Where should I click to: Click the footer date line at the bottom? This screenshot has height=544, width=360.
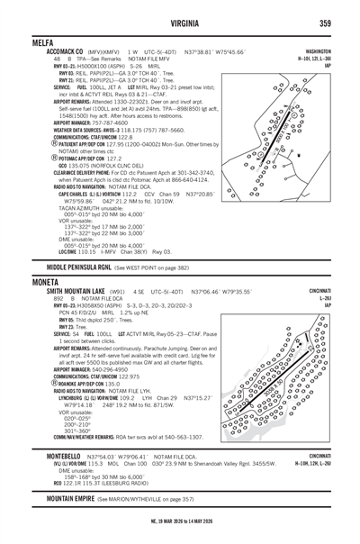(179, 520)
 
